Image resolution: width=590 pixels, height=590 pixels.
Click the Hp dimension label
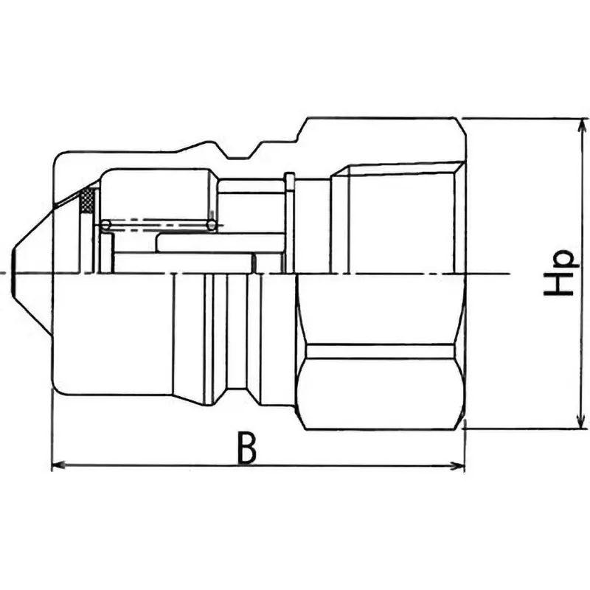point(559,273)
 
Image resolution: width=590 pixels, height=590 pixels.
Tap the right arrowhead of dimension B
point(459,465)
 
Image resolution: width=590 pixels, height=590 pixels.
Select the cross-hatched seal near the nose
point(88,200)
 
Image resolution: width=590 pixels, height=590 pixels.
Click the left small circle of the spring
point(106,223)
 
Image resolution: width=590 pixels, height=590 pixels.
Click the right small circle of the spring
point(212,223)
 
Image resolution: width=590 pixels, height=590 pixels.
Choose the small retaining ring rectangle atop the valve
point(289,181)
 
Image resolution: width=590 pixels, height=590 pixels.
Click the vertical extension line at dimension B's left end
point(52,435)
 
